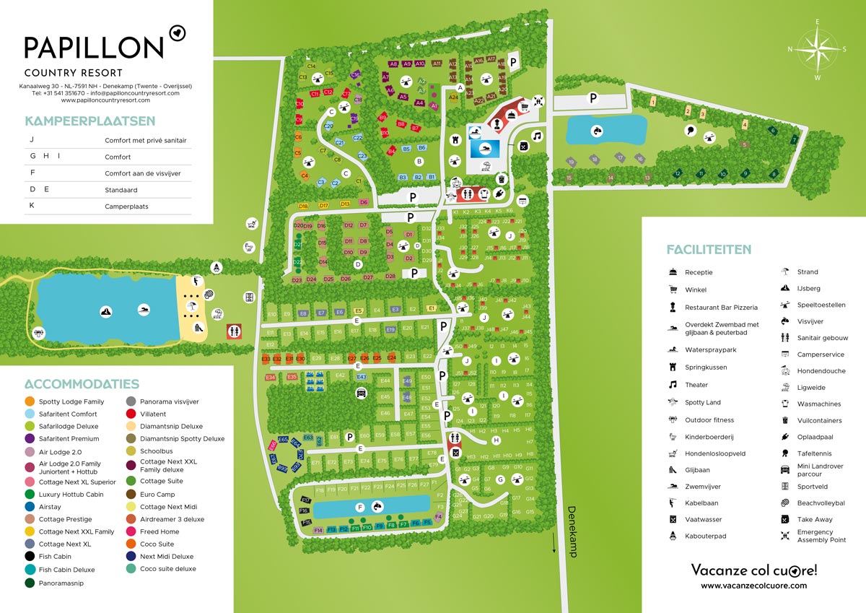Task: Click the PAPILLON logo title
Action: [x=94, y=48]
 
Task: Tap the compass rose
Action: [x=817, y=49]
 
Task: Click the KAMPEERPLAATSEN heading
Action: [x=90, y=121]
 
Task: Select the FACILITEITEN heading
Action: [x=708, y=250]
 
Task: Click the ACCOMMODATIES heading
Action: [x=82, y=384]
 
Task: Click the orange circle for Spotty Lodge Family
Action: [x=30, y=401]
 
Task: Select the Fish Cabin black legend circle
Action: [x=30, y=557]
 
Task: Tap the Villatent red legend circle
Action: [x=131, y=414]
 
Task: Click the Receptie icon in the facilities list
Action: [x=673, y=272]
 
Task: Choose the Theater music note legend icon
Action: [x=673, y=385]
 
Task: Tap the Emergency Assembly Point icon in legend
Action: [x=785, y=536]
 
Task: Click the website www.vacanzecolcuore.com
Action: [x=754, y=586]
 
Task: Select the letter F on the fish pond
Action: [x=359, y=508]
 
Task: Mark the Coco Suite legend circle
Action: [x=131, y=544]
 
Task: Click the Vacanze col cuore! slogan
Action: [x=754, y=570]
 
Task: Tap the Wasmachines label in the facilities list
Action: [x=819, y=404]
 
